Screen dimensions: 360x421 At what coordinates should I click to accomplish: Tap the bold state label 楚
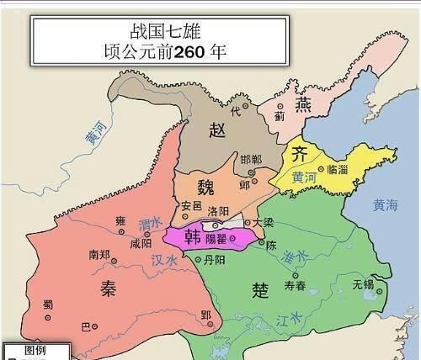pyautogui.click(x=260, y=289)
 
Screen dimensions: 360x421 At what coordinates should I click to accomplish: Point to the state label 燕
pyautogui.click(x=304, y=103)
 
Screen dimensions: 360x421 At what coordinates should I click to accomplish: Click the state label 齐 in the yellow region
pyautogui.click(x=300, y=153)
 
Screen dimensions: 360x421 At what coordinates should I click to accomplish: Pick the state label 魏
pyautogui.click(x=205, y=187)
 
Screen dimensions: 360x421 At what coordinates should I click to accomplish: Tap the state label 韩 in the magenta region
pyautogui.click(x=181, y=236)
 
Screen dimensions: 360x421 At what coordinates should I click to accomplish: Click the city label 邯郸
pyautogui.click(x=250, y=158)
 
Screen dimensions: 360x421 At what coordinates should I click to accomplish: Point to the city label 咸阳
pyautogui.click(x=142, y=243)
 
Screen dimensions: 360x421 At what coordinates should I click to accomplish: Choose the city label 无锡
pyautogui.click(x=364, y=283)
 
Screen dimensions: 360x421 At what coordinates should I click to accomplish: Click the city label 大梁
pyautogui.click(x=264, y=222)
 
